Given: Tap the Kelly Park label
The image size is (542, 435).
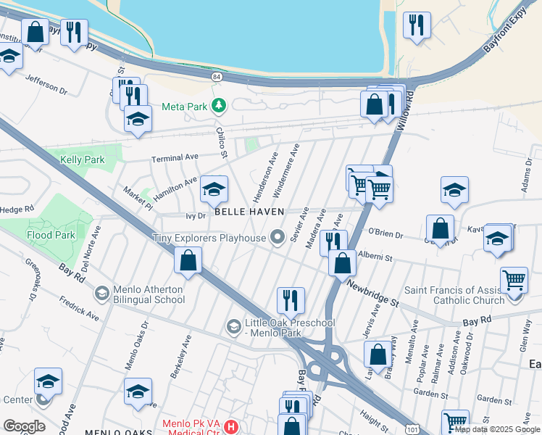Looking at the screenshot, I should point(82,159).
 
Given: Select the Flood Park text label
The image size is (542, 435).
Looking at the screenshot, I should point(50,236).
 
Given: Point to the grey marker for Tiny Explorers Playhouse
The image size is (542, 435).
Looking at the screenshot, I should point(277,237).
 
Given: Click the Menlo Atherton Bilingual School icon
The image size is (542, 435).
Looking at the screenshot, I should point(102,292).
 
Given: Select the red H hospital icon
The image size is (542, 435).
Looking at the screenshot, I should point(231,426).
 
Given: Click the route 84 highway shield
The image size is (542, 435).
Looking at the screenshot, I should point(217,75).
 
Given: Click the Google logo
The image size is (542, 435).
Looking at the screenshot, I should point(23,426).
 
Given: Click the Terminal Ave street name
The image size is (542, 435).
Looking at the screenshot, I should point(174,157).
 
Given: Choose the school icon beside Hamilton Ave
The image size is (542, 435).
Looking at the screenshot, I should point(214,189).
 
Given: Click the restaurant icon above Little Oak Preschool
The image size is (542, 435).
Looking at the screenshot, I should point(291,299).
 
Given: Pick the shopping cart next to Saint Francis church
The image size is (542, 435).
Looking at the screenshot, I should point(514,279).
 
